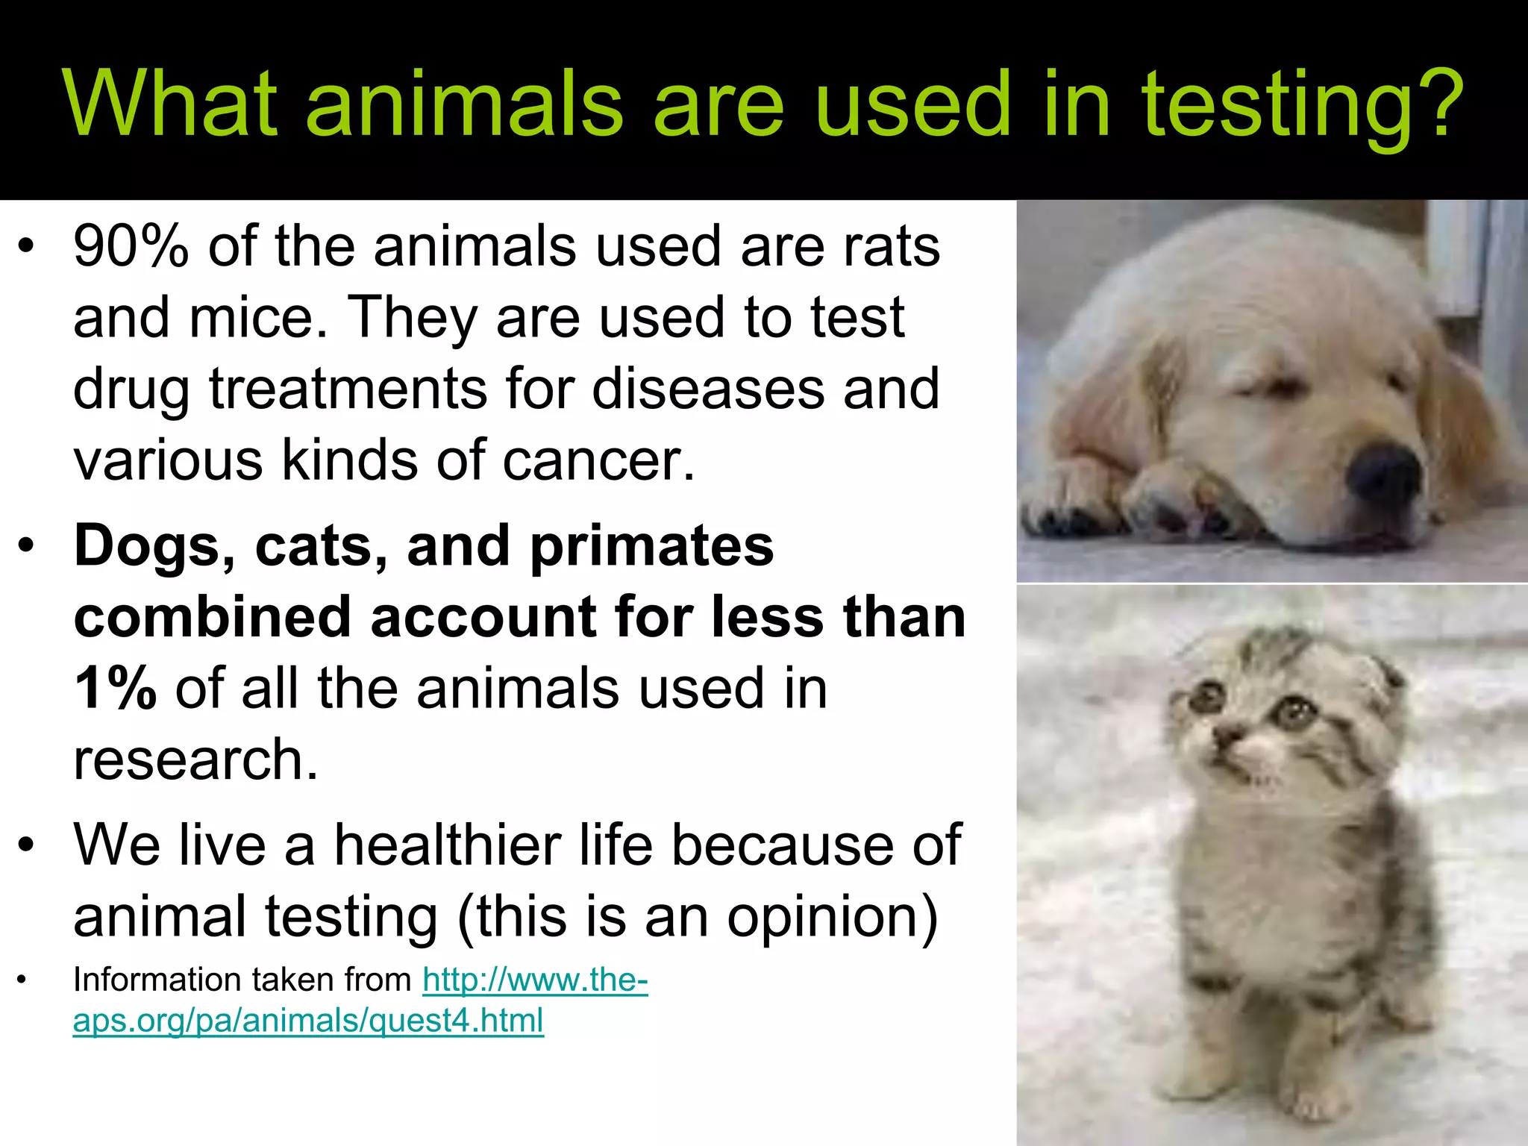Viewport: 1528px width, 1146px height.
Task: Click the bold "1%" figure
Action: click(x=116, y=688)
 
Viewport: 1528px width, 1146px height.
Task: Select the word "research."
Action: click(x=195, y=760)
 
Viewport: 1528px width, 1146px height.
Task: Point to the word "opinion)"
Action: click(x=832, y=917)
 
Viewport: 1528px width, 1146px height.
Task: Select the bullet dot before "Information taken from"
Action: click(x=23, y=980)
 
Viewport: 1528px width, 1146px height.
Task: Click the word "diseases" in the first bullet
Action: click(x=708, y=389)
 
